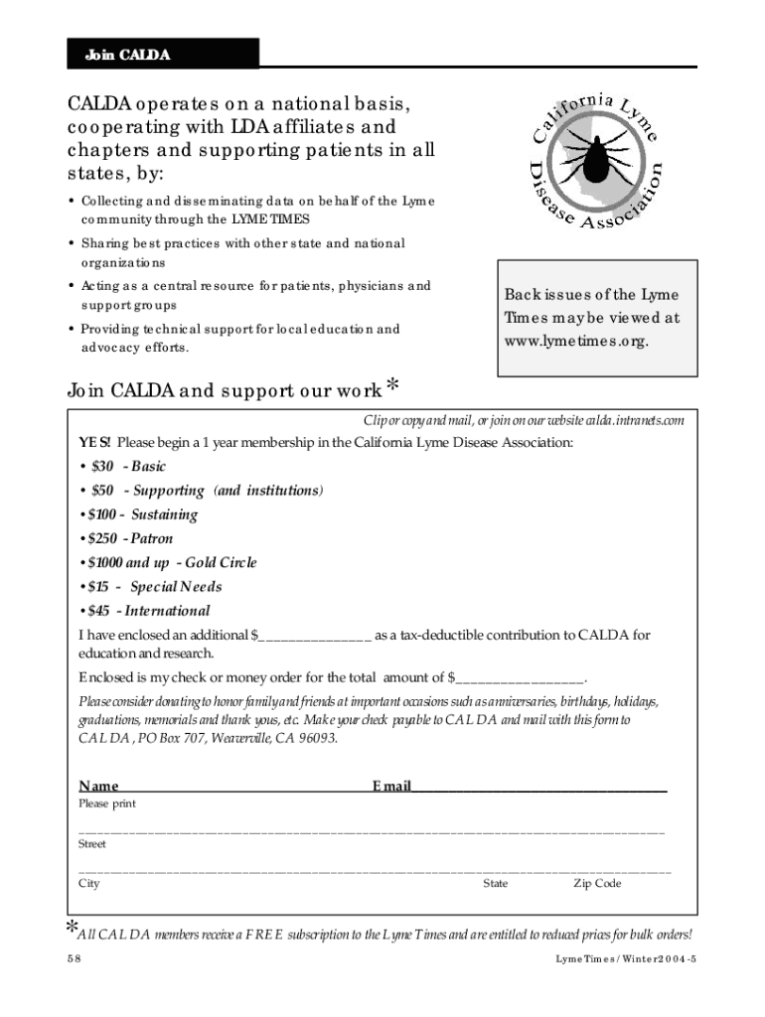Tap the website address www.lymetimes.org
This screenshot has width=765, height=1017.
(x=576, y=341)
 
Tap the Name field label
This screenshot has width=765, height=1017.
(x=99, y=787)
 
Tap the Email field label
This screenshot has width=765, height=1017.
(x=391, y=787)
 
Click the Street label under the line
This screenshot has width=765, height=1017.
(x=92, y=844)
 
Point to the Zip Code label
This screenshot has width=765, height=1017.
(x=597, y=884)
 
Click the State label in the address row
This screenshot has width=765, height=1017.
(x=495, y=884)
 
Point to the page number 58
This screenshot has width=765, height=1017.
(x=74, y=959)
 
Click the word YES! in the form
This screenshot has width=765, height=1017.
(x=95, y=442)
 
